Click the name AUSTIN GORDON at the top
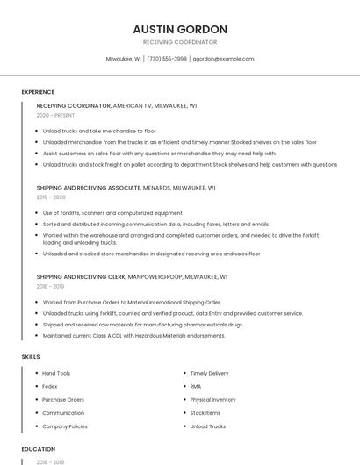(179, 29)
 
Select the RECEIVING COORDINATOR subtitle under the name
(179, 42)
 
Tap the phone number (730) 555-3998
(167, 59)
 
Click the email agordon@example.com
(223, 59)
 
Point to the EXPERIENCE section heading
(38, 92)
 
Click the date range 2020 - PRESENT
(56, 115)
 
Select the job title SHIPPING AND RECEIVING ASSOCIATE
(89, 188)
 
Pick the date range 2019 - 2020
(52, 197)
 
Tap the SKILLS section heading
(30, 356)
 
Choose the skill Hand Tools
(56, 374)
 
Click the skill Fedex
(50, 387)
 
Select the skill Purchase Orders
(63, 400)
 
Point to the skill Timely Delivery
(209, 374)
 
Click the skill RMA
(196, 387)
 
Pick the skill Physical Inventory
(212, 400)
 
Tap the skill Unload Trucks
(208, 426)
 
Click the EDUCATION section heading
(38, 449)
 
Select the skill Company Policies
(65, 426)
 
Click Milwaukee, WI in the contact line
(124, 59)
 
